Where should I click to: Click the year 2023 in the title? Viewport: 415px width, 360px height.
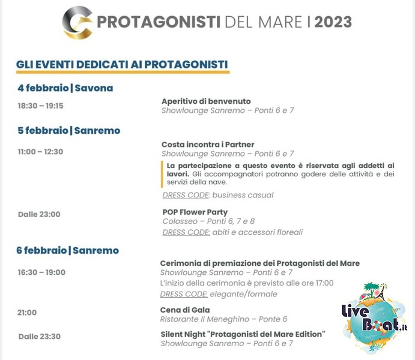tap(333, 22)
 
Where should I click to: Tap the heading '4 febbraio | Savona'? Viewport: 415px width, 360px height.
tap(65, 88)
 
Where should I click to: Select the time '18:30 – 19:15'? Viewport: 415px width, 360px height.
tap(40, 106)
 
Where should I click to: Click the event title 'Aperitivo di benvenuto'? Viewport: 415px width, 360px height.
tap(206, 101)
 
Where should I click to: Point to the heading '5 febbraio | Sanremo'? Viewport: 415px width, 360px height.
tap(69, 130)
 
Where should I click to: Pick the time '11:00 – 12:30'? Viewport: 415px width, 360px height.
tap(40, 152)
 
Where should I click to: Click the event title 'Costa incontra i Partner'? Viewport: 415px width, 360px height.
tap(208, 145)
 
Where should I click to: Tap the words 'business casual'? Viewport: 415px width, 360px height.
tap(243, 195)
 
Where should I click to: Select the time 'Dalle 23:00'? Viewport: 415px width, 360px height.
tap(39, 214)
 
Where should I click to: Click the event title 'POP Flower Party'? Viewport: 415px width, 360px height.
tap(195, 212)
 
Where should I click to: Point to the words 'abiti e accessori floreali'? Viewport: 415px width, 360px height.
tap(257, 232)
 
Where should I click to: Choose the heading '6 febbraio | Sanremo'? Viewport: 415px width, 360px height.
tap(67, 250)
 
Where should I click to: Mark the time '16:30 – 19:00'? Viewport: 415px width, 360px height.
tap(41, 272)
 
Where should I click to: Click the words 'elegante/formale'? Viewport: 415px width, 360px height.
tap(243, 294)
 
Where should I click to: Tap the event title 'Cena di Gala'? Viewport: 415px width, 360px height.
tap(185, 310)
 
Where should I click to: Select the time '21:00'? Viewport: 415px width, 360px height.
tap(27, 313)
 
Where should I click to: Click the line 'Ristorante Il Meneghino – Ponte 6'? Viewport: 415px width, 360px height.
tap(223, 319)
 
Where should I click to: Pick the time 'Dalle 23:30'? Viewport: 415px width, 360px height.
tap(40, 337)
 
